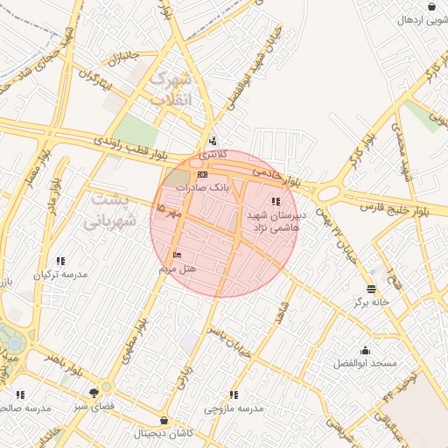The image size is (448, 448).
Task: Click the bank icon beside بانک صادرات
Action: tap(203, 175)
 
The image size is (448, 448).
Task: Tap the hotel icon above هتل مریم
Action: tap(178, 255)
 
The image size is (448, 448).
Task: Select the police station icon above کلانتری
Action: tap(213, 142)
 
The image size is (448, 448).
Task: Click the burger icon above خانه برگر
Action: tap(371, 289)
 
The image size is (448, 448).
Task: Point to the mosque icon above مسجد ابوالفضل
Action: tap(365, 350)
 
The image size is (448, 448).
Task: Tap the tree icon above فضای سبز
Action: tap(94, 393)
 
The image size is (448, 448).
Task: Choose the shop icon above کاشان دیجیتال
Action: tap(165, 421)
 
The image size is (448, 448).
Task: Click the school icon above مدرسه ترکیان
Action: tap(60, 261)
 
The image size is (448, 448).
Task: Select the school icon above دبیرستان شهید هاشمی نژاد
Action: tap(276, 202)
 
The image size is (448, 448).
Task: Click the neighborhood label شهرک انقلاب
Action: tap(171, 88)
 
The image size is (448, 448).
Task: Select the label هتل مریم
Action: tap(178, 269)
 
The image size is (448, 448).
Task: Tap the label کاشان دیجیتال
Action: tap(164, 434)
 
